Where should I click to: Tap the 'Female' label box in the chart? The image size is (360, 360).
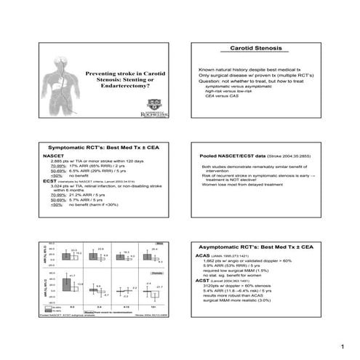coord(164,269)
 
